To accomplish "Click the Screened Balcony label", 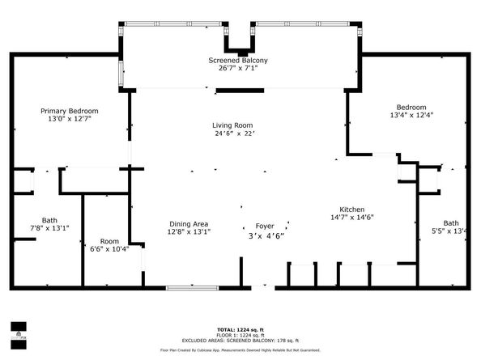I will pos(238,61).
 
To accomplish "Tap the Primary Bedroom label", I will pos(70,111).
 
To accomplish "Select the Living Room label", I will pos(233,125).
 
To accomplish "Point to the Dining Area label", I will pos(189,224).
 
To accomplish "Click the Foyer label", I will pos(265,227).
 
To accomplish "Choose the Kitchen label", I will pos(351,209).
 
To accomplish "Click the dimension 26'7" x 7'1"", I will pos(238,69).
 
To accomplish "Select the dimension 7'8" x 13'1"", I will pos(50,228).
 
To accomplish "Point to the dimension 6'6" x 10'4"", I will pos(109,249).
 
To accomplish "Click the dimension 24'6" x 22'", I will pos(234,133).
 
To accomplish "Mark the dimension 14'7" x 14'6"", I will pos(351,217).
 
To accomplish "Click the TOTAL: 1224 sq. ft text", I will pos(240,330).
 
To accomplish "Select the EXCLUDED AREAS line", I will pos(240,341).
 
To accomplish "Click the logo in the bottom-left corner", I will pos(15,331).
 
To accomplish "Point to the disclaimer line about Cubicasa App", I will pos(240,349).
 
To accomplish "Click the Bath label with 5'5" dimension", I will pos(450,223).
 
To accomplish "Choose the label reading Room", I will pos(109,241).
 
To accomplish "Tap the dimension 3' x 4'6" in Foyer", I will pos(265,235).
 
